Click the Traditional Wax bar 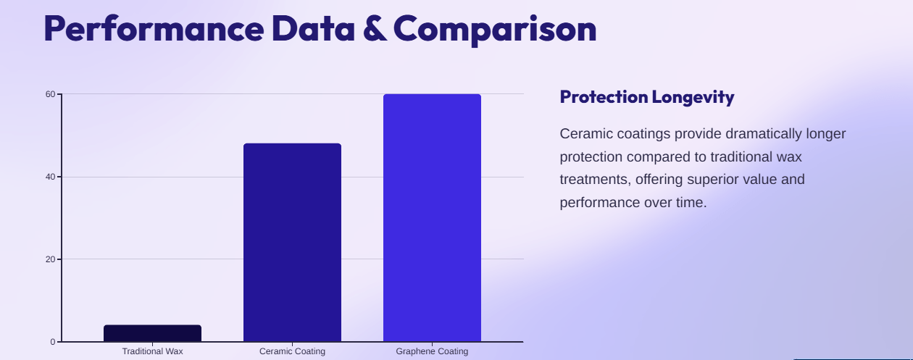[152, 333]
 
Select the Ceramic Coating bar [292, 243]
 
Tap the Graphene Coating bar [432, 217]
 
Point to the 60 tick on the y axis [51, 94]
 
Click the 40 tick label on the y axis [51, 177]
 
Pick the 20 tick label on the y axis [51, 259]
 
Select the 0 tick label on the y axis [53, 342]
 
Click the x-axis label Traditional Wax [152, 351]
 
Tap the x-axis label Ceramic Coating [292, 351]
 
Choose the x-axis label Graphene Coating [432, 351]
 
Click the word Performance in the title [153, 29]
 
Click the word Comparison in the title [495, 29]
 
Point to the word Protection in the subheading [603, 97]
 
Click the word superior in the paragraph [713, 179]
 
